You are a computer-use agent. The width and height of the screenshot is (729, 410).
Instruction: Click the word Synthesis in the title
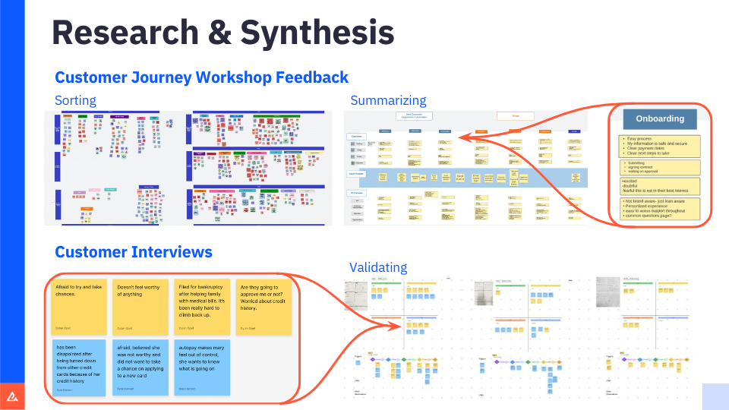click(x=317, y=33)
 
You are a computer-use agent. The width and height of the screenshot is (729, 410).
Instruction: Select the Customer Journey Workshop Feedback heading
click(x=201, y=77)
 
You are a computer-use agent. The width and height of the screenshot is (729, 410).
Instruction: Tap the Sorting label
click(x=75, y=100)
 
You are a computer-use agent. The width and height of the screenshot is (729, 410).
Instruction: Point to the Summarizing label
click(x=387, y=100)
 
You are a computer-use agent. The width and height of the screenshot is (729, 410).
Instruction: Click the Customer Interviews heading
click(x=133, y=252)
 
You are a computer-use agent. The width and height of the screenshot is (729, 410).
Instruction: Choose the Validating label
click(x=378, y=267)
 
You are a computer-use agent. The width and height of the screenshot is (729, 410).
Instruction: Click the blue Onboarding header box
click(x=659, y=118)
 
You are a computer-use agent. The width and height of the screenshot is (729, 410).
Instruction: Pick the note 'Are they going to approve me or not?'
click(x=263, y=307)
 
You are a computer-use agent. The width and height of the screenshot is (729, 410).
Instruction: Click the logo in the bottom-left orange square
click(x=12, y=396)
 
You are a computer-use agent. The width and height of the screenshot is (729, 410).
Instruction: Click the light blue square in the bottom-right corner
click(x=715, y=396)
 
